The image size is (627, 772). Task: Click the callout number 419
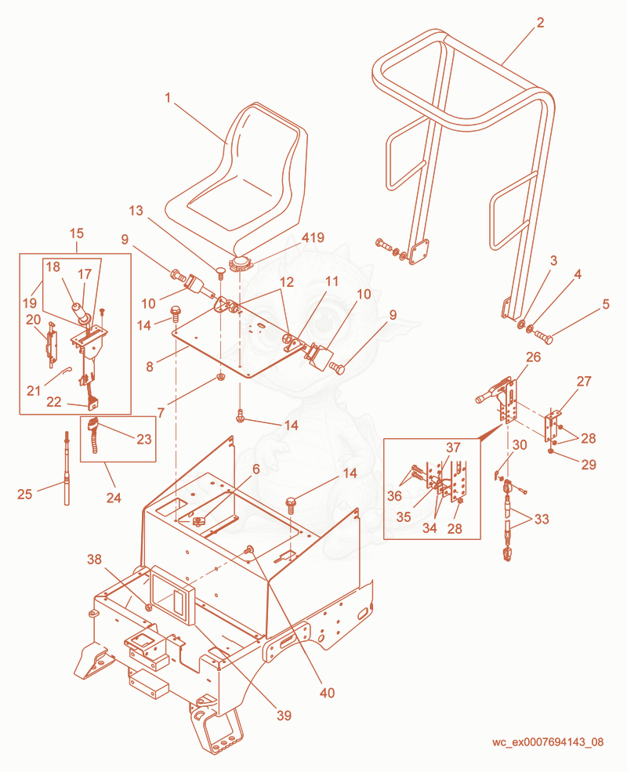pos(313,237)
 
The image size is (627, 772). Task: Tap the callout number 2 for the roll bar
pos(540,23)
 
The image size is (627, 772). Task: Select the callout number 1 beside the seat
pos(168,98)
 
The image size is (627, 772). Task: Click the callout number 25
pos(24,494)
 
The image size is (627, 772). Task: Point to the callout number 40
pos(328,693)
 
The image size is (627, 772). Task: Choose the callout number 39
pos(284,716)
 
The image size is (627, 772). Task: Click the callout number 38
pos(95,560)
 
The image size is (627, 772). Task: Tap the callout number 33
pos(542,519)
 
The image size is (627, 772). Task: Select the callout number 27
pos(584,381)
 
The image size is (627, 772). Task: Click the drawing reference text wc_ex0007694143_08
pos(548,742)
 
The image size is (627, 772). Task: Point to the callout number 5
pos(606,304)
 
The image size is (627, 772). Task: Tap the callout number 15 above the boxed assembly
pos(77,233)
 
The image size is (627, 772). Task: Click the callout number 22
pos(53,402)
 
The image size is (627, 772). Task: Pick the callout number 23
pos(143,439)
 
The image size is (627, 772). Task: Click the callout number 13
pos(136,211)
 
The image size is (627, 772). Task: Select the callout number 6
pos(256,469)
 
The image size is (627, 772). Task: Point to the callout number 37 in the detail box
pos(453,447)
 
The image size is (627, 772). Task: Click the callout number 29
pos(589,464)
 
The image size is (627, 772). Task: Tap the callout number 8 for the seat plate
pos(150,366)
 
